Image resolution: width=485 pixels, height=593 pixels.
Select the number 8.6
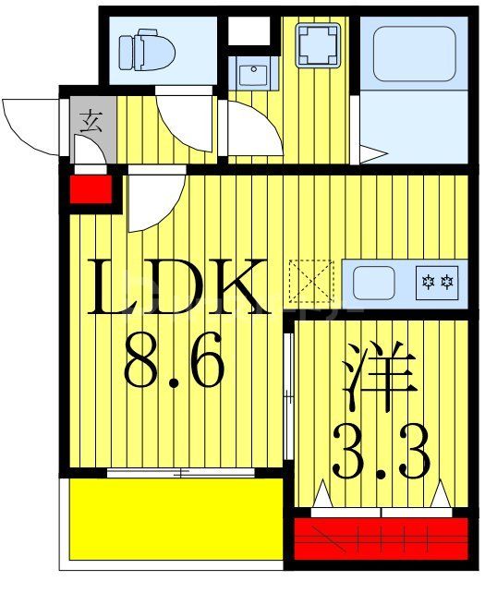[x=173, y=364]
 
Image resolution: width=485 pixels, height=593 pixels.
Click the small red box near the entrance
[x=91, y=192]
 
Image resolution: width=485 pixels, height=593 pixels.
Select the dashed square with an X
[x=310, y=280]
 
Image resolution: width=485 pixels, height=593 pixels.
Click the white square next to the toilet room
[x=247, y=30]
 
